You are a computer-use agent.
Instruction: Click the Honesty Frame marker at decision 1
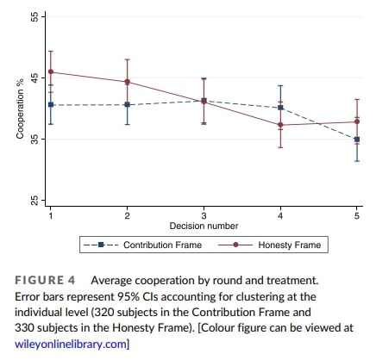click(51, 71)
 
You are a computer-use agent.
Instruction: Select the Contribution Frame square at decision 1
click(51, 105)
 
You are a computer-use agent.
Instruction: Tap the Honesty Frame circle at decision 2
click(127, 82)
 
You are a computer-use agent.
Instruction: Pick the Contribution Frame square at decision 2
click(127, 104)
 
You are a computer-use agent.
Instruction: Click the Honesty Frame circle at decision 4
click(280, 125)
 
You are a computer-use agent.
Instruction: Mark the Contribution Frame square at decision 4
click(280, 108)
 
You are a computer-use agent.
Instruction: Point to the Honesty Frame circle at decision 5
click(357, 121)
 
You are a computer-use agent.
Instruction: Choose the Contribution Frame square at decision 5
click(357, 140)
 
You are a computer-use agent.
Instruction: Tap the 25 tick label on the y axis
click(34, 200)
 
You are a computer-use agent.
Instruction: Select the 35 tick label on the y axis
click(34, 139)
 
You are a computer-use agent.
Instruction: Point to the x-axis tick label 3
click(204, 215)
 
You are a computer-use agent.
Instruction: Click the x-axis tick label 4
click(280, 215)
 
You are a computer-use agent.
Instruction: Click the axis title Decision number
click(204, 226)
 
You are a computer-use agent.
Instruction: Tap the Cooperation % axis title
click(20, 109)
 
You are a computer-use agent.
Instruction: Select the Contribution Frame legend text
click(162, 245)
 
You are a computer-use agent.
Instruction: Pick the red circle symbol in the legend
click(235, 245)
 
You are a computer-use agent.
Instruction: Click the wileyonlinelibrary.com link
click(71, 344)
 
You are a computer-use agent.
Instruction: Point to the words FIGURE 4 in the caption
click(45, 280)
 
